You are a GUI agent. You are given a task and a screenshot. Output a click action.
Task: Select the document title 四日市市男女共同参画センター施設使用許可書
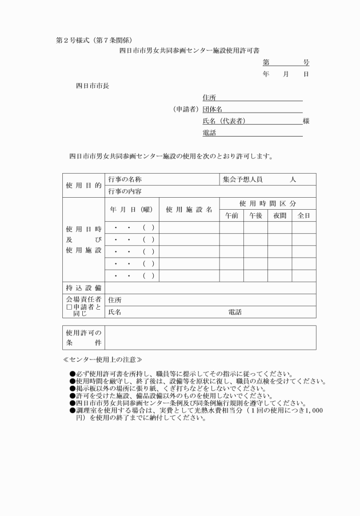(x=180, y=51)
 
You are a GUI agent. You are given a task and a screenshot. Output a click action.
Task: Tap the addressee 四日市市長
(x=93, y=86)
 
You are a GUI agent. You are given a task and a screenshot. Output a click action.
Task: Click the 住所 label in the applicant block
(x=209, y=98)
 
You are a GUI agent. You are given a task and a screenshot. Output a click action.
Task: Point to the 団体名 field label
(x=212, y=109)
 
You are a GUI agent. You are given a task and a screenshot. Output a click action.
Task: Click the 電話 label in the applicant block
(x=209, y=133)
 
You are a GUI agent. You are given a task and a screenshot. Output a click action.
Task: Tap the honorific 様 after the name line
(x=306, y=121)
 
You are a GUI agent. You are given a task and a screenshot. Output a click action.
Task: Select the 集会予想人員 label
(x=242, y=179)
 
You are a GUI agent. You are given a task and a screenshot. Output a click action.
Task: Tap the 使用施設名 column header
(x=189, y=210)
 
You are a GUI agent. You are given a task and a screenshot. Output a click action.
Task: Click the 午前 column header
(x=231, y=215)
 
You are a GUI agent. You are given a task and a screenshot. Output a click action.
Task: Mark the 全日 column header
(x=303, y=215)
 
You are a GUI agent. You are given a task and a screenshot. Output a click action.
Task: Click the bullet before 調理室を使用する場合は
(x=72, y=410)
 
